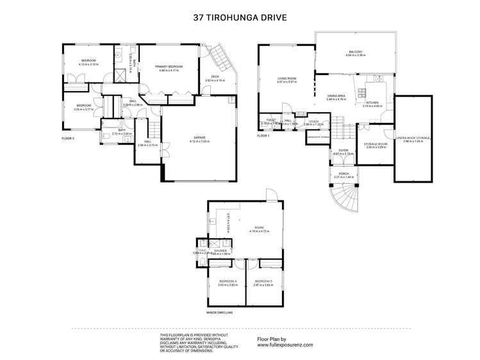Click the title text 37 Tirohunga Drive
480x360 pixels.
240,19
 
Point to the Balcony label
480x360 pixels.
356,53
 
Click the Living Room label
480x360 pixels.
285,79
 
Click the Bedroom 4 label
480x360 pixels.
228,282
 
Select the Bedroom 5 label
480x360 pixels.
263,282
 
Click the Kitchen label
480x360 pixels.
372,103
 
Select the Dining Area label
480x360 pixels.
336,97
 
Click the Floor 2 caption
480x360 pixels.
69,138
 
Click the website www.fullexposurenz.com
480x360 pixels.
285,344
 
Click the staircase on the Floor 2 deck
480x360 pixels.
222,58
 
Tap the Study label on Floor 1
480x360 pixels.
313,120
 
